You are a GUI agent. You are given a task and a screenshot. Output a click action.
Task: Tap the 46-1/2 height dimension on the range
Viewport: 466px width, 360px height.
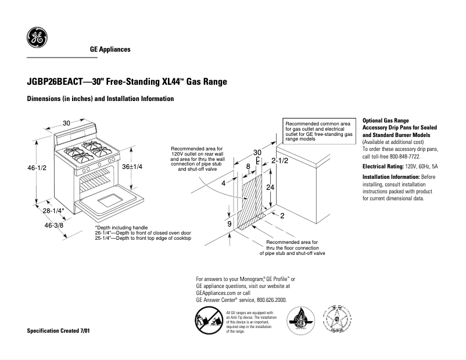tap(37, 168)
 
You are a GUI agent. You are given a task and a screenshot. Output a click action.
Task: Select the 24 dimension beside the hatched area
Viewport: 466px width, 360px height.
tap(270, 188)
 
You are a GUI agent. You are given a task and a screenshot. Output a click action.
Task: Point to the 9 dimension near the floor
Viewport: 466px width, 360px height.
tap(230, 224)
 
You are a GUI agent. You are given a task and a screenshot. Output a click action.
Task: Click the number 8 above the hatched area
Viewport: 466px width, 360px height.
tap(248, 167)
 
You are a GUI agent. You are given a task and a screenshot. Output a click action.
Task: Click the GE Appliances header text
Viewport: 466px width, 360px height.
tap(110, 49)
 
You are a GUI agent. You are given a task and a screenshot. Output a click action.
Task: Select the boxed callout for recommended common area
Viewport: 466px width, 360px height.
tap(319, 132)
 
